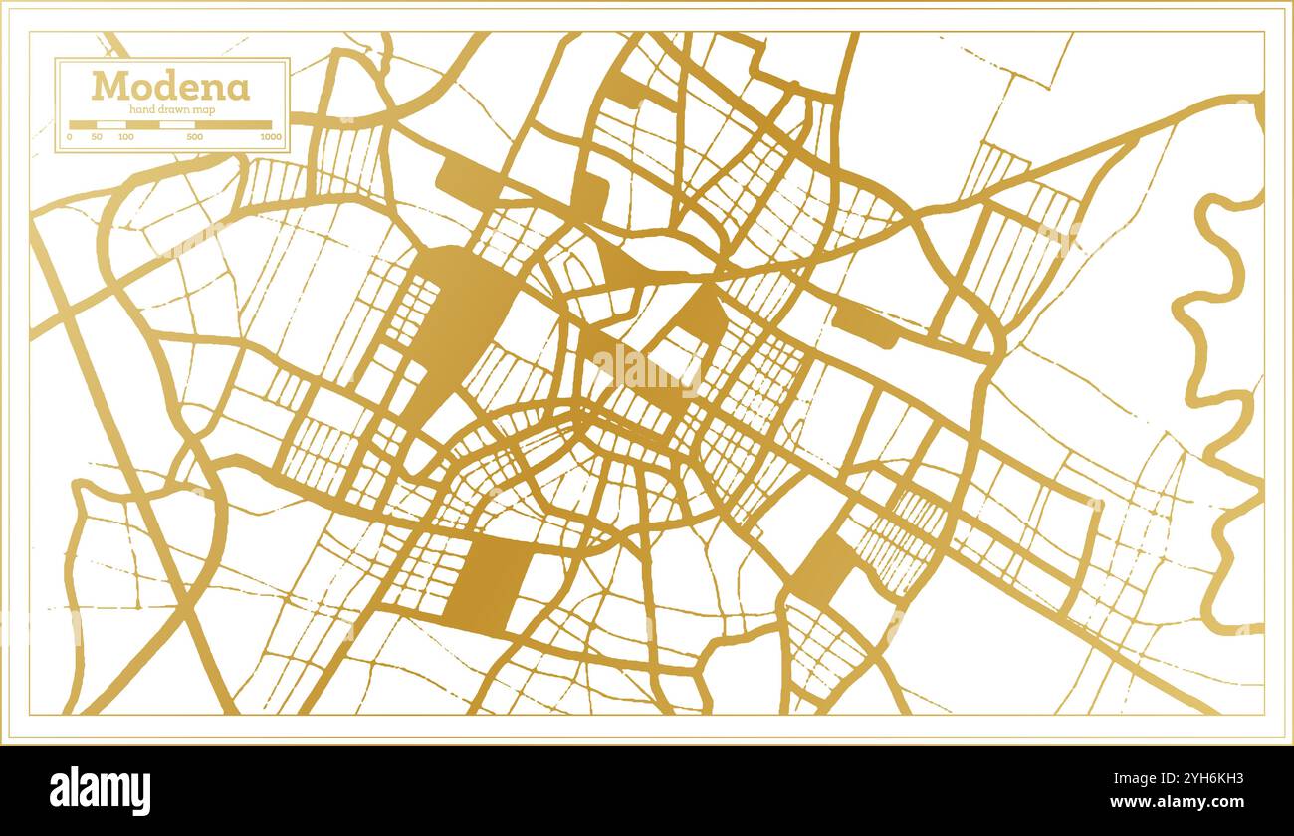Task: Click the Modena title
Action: click(x=170, y=87)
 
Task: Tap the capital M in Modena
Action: click(x=108, y=87)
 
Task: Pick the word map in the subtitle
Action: click(x=200, y=109)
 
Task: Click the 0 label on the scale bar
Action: click(x=70, y=136)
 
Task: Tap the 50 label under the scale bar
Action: click(x=96, y=136)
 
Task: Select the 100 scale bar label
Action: click(x=125, y=136)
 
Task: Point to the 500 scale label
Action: click(x=195, y=136)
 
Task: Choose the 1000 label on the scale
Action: click(x=270, y=136)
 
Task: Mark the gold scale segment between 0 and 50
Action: click(x=83, y=125)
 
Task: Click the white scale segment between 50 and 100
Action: click(x=110, y=125)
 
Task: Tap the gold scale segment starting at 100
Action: click(x=142, y=125)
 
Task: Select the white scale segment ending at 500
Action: click(x=177, y=125)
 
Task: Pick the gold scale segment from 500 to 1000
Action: click(x=233, y=125)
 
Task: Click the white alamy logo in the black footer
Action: click(x=101, y=791)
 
